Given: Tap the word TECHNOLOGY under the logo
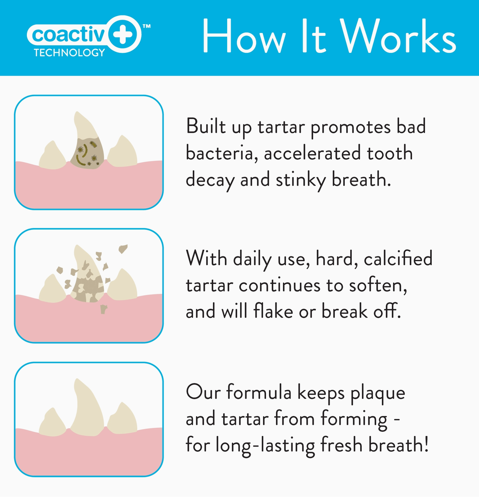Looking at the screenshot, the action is point(69,53).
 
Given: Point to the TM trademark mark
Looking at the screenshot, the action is point(147,26).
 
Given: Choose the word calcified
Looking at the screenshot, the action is point(398,258).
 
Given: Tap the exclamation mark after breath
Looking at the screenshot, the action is point(426,444).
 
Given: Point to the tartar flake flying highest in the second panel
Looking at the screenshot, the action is point(123,248).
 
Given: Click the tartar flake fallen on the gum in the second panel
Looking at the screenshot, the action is point(103,309).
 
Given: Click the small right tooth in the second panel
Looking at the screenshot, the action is point(122,285).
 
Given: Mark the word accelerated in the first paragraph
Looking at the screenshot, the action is point(312,153).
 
